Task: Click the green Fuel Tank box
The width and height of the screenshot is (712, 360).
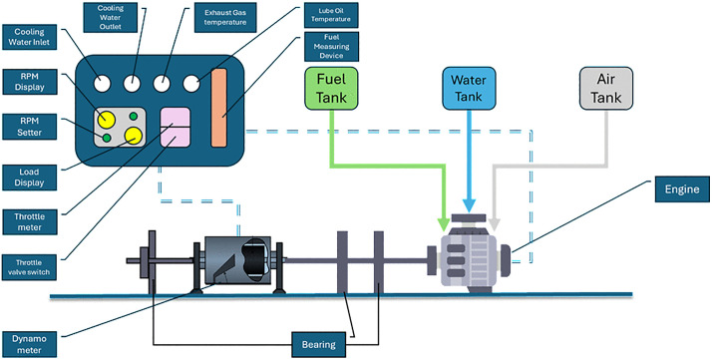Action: pyautogui.click(x=331, y=89)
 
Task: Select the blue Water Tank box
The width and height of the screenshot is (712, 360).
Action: pyautogui.click(x=469, y=89)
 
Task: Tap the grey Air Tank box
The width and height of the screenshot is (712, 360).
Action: pyautogui.click(x=606, y=89)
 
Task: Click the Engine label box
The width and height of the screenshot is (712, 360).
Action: pyautogui.click(x=682, y=188)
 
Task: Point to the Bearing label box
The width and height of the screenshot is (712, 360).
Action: pyautogui.click(x=318, y=344)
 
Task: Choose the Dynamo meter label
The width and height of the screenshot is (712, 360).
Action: pyautogui.click(x=30, y=344)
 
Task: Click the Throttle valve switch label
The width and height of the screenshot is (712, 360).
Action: pyautogui.click(x=30, y=267)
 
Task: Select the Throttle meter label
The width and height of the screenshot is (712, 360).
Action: pyautogui.click(x=30, y=221)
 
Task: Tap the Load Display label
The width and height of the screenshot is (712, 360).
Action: pyautogui.click(x=30, y=178)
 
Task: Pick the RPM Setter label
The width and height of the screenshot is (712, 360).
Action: pyautogui.click(x=30, y=127)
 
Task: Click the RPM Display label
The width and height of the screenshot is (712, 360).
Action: pyautogui.click(x=30, y=82)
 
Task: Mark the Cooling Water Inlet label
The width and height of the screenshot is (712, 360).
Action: pyautogui.click(x=30, y=37)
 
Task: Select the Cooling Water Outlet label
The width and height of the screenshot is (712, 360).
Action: pyautogui.click(x=111, y=17)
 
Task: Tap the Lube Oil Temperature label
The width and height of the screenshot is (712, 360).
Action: pyautogui.click(x=331, y=15)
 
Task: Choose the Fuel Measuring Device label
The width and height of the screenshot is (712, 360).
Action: pyautogui.click(x=331, y=46)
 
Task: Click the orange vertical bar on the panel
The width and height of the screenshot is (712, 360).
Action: pyautogui.click(x=218, y=108)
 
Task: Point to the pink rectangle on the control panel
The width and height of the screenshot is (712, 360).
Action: pyautogui.click(x=176, y=127)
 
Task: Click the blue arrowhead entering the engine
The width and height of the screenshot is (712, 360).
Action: pyautogui.click(x=469, y=206)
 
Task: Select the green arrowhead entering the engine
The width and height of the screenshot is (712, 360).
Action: pyautogui.click(x=444, y=223)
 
